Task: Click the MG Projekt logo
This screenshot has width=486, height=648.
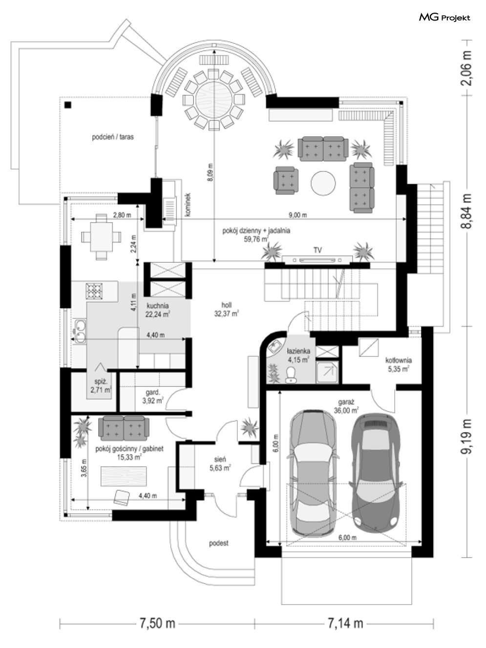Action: (444, 18)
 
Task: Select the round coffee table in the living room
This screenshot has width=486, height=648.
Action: (323, 183)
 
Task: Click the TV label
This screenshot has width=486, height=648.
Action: (317, 251)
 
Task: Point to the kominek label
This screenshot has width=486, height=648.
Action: (188, 205)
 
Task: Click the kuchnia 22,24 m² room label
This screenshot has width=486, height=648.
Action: (157, 310)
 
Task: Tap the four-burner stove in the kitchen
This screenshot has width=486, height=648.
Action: (94, 291)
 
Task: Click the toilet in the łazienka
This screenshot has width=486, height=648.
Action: (291, 375)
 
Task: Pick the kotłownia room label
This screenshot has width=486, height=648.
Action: (398, 364)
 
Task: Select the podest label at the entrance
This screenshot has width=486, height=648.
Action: (218, 543)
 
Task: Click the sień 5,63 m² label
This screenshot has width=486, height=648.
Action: (220, 463)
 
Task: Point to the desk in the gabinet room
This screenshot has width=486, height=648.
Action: (124, 476)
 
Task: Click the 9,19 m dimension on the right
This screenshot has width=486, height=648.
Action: (467, 436)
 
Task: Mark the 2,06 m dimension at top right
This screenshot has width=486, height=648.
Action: (467, 68)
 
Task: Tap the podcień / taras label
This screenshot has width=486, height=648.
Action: (113, 137)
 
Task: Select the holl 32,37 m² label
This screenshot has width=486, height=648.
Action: (227, 309)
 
